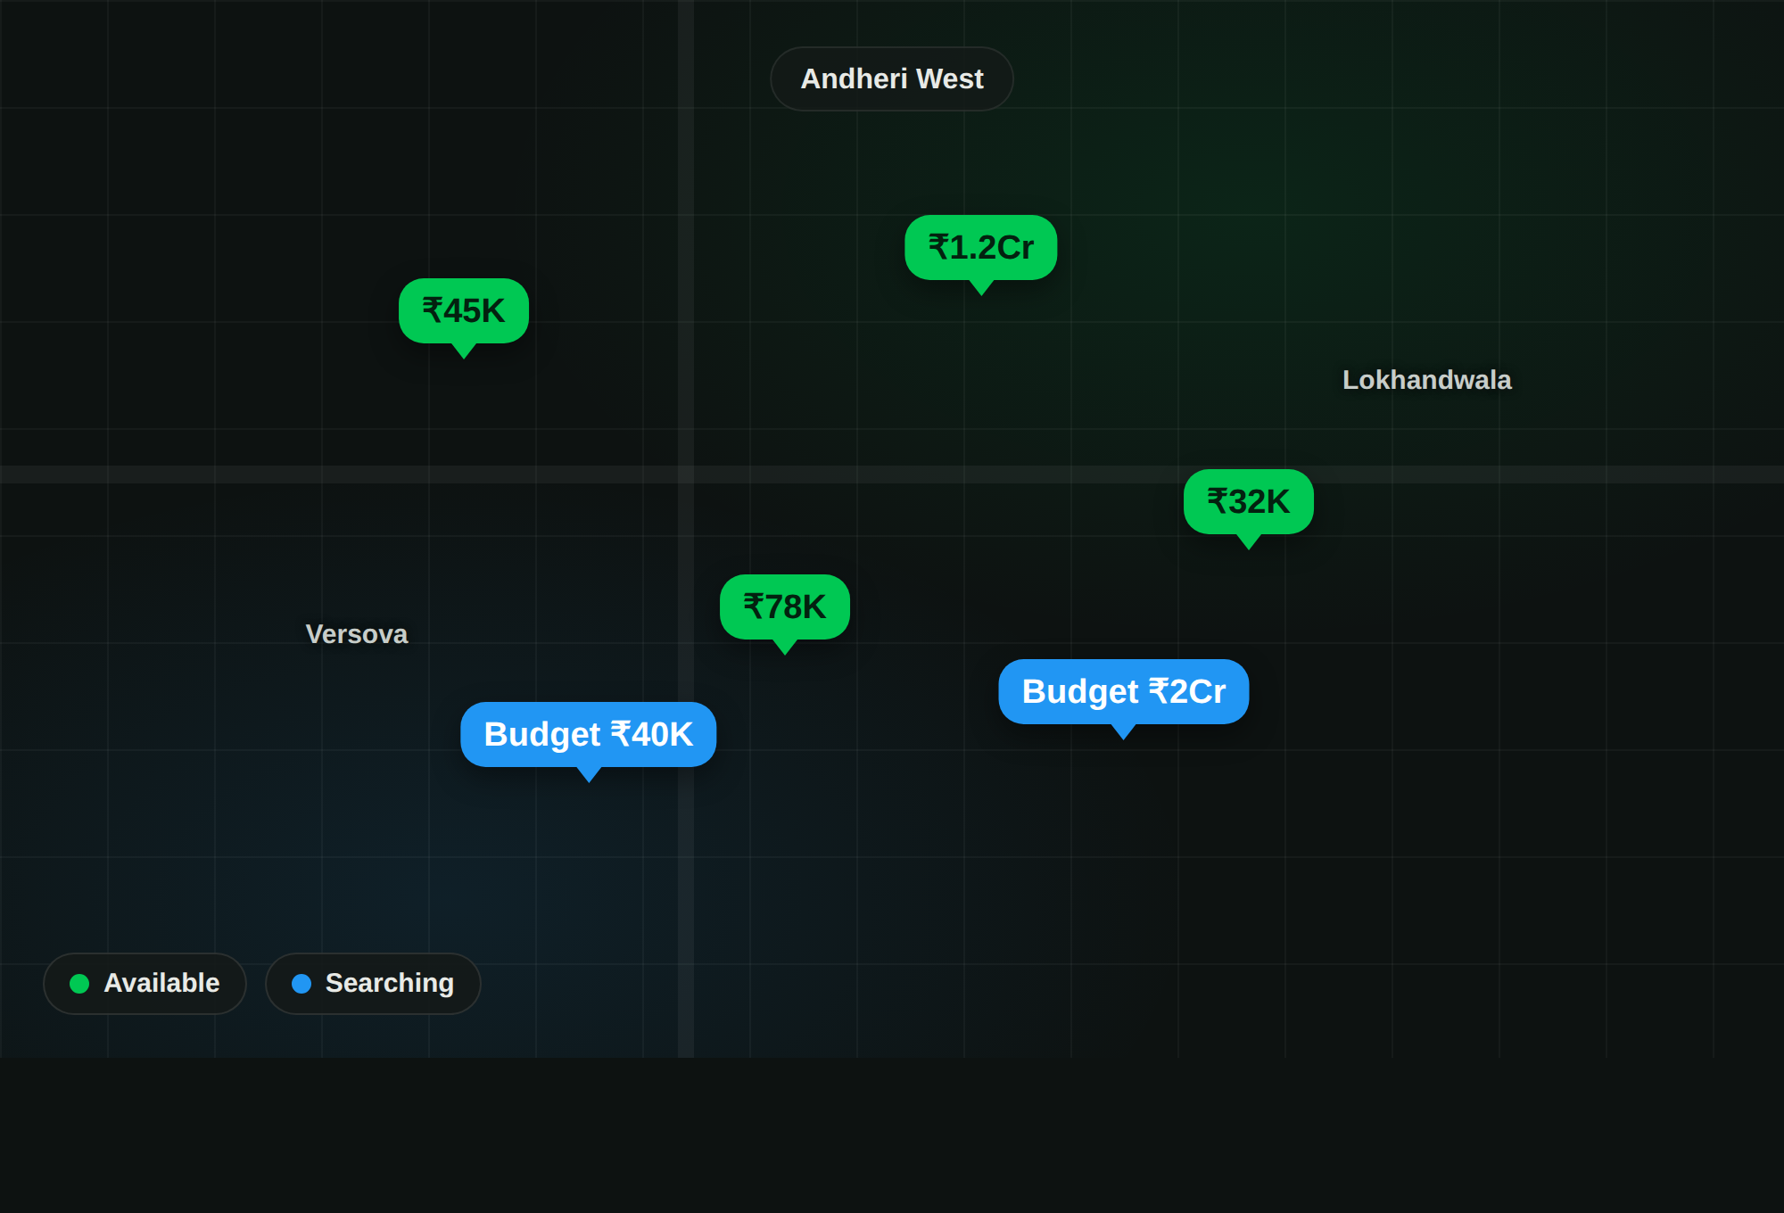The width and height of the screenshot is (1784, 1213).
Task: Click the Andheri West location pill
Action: click(892, 78)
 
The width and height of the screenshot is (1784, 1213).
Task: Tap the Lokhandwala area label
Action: click(1426, 380)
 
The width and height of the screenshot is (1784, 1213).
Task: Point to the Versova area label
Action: click(357, 634)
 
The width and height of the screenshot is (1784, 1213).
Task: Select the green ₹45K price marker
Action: click(464, 310)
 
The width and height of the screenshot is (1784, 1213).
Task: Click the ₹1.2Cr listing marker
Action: click(981, 247)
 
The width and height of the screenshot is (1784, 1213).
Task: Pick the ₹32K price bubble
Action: click(1249, 501)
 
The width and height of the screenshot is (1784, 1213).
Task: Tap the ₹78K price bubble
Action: click(785, 606)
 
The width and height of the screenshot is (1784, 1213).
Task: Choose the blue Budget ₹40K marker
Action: click(589, 734)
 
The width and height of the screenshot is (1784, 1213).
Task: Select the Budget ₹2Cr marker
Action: click(1124, 691)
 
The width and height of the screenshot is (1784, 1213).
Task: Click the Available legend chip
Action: click(145, 983)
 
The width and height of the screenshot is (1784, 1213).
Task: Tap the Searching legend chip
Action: click(373, 983)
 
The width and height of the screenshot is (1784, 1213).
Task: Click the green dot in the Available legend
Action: click(79, 983)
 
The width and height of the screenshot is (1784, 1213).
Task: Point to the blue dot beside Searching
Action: click(301, 983)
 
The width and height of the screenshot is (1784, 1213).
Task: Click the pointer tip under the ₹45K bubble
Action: click(464, 359)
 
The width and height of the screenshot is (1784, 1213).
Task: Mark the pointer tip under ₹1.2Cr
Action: click(981, 295)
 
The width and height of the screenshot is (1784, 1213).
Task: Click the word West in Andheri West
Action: click(950, 78)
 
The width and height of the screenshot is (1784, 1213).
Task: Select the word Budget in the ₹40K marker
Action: click(542, 735)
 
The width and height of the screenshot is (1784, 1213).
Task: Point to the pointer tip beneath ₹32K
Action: click(1249, 549)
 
